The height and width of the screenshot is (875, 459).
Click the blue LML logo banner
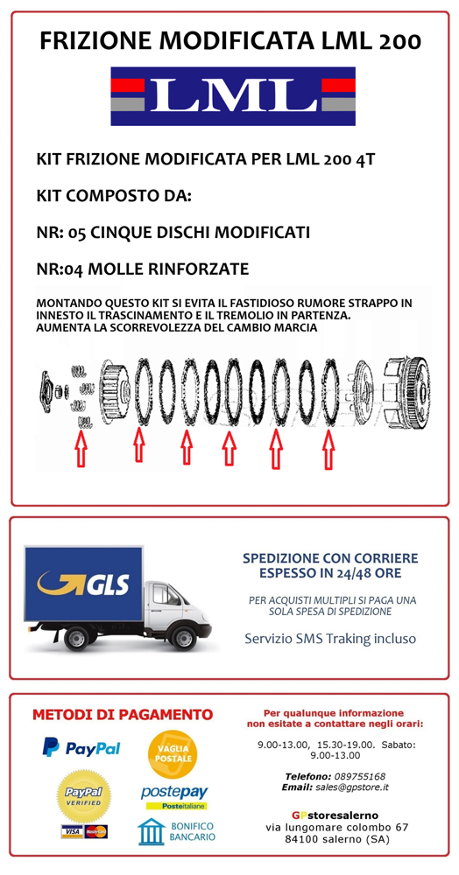(233, 96)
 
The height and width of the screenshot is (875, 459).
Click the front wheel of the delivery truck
(183, 638)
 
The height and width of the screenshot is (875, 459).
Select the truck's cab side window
(166, 594)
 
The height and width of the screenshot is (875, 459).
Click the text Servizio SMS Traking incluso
(330, 639)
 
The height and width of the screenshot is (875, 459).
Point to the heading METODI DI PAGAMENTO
(123, 714)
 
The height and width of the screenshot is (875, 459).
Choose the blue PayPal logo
(81, 747)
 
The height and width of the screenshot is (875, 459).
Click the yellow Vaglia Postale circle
(173, 754)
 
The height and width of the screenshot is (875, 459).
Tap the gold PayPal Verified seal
(84, 795)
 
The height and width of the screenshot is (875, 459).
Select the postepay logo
(173, 797)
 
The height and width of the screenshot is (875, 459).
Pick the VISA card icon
(71, 831)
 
